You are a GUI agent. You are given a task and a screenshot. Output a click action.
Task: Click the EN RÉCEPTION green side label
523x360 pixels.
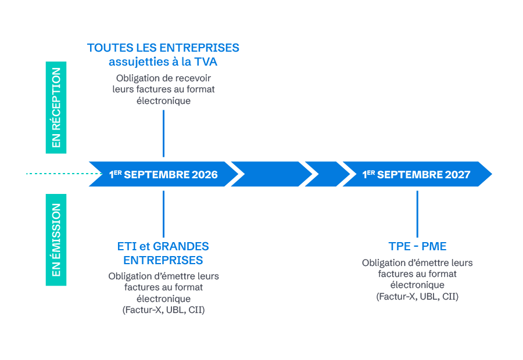coord(56,107)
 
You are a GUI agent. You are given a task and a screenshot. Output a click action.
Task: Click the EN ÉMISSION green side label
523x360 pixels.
coord(56,240)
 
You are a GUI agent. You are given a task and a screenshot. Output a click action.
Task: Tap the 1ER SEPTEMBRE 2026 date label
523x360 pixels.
coord(163,175)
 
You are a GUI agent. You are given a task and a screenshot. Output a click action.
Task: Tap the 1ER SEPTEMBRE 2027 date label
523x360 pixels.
coord(416,175)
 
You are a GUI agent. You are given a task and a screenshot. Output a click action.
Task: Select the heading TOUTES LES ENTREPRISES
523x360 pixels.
coord(163,48)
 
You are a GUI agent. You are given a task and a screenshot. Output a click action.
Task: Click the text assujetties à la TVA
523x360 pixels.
coord(163,62)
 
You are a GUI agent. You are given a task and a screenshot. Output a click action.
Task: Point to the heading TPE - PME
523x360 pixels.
coord(417,246)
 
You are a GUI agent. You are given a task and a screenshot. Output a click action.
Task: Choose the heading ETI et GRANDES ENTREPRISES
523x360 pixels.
coord(163,253)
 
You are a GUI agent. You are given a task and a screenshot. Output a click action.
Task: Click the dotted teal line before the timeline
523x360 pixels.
coord(58,174)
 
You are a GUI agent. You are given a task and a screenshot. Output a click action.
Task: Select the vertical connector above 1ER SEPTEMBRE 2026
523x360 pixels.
coord(163,134)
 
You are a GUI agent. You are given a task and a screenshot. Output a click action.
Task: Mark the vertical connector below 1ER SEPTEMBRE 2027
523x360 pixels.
coord(417,214)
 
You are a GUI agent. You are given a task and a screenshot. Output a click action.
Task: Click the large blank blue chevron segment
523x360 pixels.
coord(271,174)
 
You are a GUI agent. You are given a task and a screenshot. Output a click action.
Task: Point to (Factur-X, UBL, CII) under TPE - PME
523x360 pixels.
coord(417,297)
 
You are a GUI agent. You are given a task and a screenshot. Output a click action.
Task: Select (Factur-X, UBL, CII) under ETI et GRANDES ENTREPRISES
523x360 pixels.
coord(163,310)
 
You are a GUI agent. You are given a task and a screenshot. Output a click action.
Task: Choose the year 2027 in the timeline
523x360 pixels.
coord(458,175)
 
